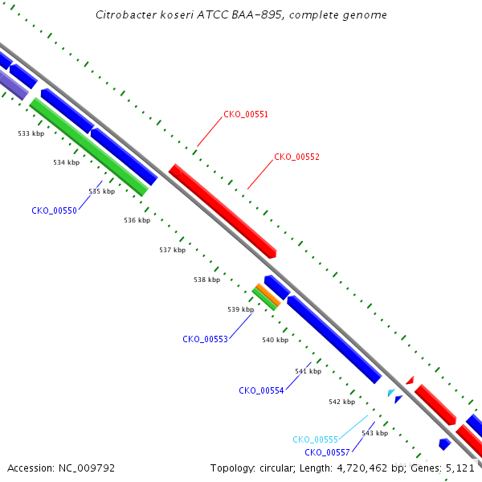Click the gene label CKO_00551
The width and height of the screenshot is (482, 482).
(x=246, y=114)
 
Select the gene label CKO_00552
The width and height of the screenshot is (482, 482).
(x=296, y=157)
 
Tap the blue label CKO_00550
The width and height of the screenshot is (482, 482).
(x=54, y=210)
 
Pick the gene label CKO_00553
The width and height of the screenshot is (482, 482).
(x=205, y=339)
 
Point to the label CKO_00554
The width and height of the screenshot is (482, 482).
(x=261, y=390)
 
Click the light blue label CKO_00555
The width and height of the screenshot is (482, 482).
(x=315, y=439)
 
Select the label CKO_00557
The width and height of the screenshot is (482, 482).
(x=327, y=452)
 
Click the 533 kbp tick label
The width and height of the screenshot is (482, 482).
(x=31, y=133)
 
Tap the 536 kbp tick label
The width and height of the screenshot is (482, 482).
(x=137, y=220)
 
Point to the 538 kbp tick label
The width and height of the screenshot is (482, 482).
(x=207, y=280)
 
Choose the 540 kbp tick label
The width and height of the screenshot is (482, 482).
(x=275, y=340)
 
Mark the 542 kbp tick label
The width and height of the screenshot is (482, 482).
(x=342, y=402)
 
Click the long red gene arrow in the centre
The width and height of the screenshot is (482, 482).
(x=223, y=210)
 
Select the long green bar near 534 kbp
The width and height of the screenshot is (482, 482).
(x=89, y=147)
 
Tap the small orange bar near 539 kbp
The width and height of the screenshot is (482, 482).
(x=268, y=295)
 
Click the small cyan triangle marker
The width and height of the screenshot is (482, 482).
(x=391, y=392)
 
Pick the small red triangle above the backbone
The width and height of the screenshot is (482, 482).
(x=411, y=381)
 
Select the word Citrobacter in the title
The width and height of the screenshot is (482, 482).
(x=126, y=14)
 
